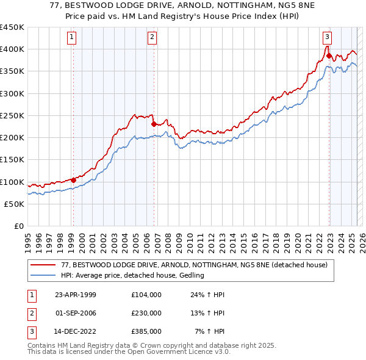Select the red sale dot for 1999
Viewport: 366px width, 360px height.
pyautogui.click(x=73, y=180)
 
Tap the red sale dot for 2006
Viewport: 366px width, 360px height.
pyautogui.click(x=154, y=124)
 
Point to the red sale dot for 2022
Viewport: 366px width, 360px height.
pyautogui.click(x=329, y=56)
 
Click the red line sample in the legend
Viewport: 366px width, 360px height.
pyautogui.click(x=43, y=265)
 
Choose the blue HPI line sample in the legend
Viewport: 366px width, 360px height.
pyautogui.click(x=43, y=276)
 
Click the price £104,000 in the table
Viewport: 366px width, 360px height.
pyautogui.click(x=146, y=295)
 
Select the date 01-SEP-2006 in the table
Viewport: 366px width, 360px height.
pyautogui.click(x=76, y=313)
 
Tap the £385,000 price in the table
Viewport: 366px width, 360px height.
pyautogui.click(x=146, y=331)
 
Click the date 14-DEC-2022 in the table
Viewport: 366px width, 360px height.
pyautogui.click(x=76, y=331)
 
